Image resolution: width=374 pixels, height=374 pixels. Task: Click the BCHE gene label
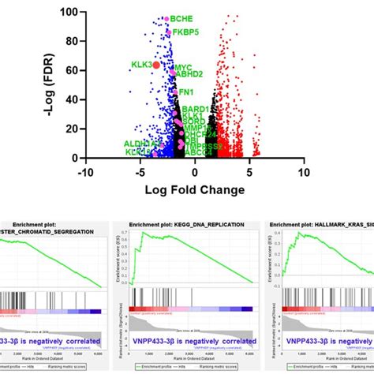coord(181,18)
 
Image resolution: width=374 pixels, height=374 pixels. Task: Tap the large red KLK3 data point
coord(156,65)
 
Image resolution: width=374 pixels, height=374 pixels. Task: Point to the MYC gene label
coord(183,68)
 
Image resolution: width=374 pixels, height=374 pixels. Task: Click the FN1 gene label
coord(187,92)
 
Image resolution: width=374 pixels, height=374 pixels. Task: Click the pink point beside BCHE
coord(166,17)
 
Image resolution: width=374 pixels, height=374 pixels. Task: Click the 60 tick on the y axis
coord(69,71)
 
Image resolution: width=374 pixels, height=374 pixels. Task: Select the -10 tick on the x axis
coord(85,171)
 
